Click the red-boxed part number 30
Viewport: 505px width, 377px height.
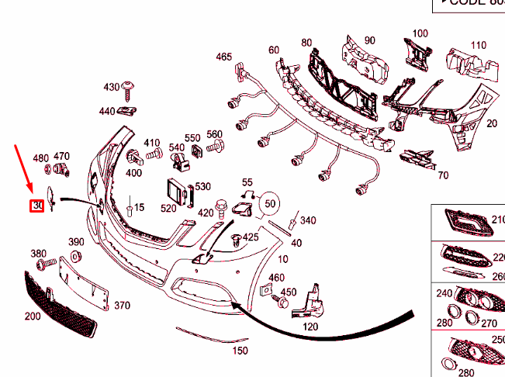click(x=36, y=206)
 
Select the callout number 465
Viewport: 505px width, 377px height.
click(x=224, y=57)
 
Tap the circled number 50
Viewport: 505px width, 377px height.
click(x=271, y=203)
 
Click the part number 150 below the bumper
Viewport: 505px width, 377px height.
click(x=240, y=351)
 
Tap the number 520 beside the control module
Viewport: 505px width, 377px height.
click(x=168, y=208)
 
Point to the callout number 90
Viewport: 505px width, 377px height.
click(x=369, y=40)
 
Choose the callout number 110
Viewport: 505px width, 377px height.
click(x=479, y=45)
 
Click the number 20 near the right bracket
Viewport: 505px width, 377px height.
click(x=492, y=123)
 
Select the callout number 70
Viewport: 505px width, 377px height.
click(x=443, y=176)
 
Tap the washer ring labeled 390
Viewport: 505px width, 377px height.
click(x=76, y=257)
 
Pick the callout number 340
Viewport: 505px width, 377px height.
click(x=308, y=221)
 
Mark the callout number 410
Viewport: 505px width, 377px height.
click(x=152, y=143)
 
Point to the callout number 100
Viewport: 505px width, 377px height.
click(x=420, y=33)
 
